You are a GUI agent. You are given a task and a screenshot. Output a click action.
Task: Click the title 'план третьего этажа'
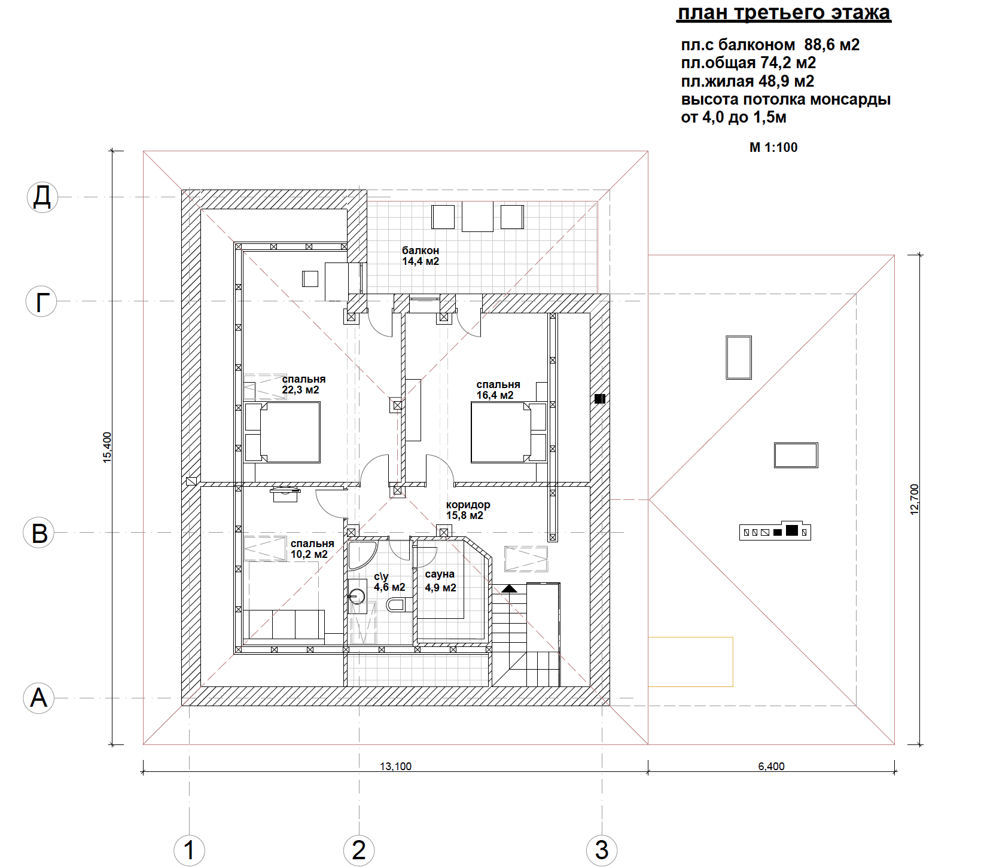click(x=784, y=13)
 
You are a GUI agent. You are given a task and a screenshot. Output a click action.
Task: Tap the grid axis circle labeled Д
click(x=42, y=197)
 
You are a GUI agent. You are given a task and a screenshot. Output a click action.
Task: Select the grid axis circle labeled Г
click(x=41, y=301)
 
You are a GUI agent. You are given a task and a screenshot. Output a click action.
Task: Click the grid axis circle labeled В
click(x=39, y=533)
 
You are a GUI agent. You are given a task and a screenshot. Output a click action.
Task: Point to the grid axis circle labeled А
click(x=39, y=698)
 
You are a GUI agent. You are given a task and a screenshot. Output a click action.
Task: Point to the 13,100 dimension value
click(x=395, y=767)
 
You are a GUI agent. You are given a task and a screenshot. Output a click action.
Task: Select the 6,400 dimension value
click(x=771, y=767)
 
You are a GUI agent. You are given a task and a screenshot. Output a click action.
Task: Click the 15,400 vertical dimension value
click(x=108, y=447)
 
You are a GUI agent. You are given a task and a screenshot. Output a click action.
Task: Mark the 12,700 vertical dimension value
click(x=914, y=500)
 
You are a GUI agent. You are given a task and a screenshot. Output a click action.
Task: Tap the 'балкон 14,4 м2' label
click(x=421, y=256)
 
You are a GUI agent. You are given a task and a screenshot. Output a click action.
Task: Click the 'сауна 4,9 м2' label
click(x=440, y=581)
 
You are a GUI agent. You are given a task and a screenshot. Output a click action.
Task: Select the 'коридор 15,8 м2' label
click(x=468, y=510)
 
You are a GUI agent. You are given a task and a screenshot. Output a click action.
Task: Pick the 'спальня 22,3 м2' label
click(x=304, y=384)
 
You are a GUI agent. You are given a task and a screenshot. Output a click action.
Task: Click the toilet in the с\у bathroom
click(x=395, y=605)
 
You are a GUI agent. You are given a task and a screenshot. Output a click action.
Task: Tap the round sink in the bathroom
click(x=357, y=596)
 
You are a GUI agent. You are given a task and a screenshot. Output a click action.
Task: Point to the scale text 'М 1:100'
click(x=773, y=148)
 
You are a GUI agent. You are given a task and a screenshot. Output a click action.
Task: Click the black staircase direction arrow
click(x=509, y=588)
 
